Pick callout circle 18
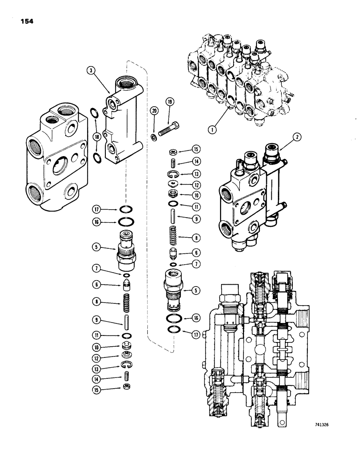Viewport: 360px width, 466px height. [x=97, y=136]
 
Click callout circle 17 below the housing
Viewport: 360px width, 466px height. [x=96, y=209]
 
